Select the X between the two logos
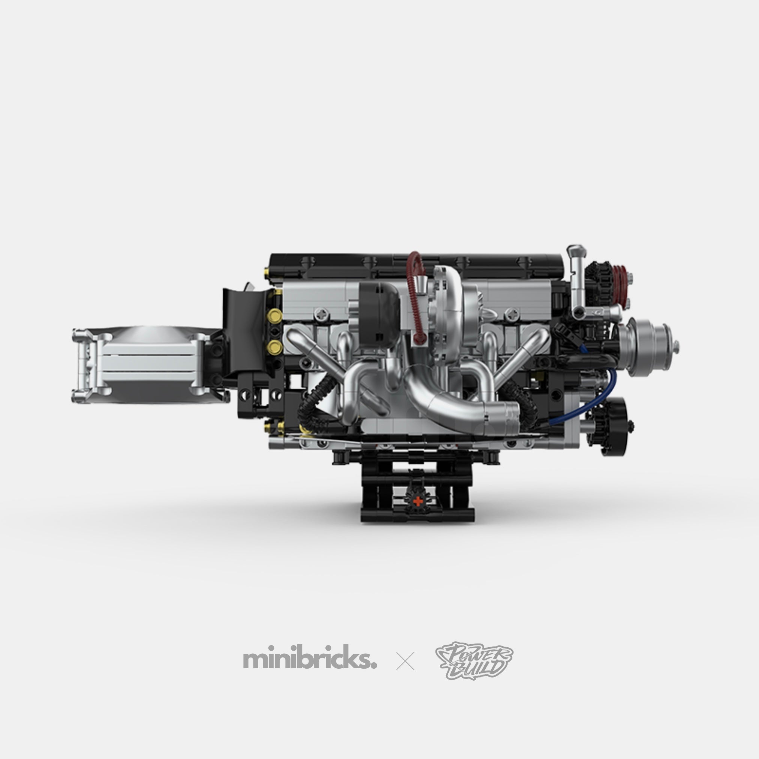(406, 661)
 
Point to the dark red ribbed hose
(413, 299)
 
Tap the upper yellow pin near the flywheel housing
(274, 315)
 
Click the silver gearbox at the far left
(145, 360)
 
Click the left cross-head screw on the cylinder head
(322, 313)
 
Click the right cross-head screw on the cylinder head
(512, 313)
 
